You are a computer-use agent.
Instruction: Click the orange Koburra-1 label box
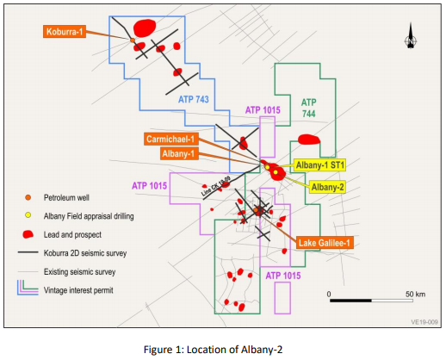click(x=65, y=31)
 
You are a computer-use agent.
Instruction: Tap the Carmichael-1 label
click(x=170, y=140)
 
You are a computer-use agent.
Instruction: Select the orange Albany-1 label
click(x=179, y=153)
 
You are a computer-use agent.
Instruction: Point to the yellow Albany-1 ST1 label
click(x=319, y=165)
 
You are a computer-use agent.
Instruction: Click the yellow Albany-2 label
click(x=327, y=187)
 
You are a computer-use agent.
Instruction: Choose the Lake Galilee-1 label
click(x=325, y=243)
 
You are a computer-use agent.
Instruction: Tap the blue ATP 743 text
click(x=194, y=99)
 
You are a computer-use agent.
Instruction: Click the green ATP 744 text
click(x=309, y=108)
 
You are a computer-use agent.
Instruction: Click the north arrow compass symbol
click(x=411, y=36)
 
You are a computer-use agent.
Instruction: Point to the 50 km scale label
click(x=415, y=294)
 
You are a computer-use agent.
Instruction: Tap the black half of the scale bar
click(x=350, y=301)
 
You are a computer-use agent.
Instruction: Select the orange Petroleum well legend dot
click(x=28, y=197)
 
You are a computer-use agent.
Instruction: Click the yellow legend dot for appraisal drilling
click(x=28, y=215)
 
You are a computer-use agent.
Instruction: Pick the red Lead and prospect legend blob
click(x=28, y=234)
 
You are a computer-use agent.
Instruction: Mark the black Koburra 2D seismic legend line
click(x=28, y=252)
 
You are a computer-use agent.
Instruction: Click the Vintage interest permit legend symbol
click(x=28, y=288)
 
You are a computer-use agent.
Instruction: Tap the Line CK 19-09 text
click(x=215, y=186)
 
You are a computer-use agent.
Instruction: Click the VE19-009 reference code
click(x=424, y=322)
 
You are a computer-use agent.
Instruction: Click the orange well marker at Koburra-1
click(x=133, y=40)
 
